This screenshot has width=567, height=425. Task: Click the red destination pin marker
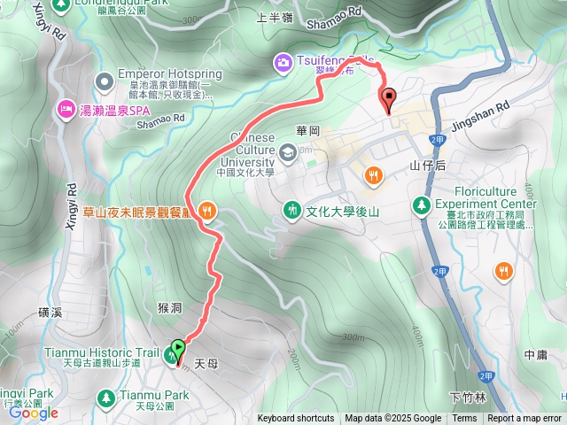(386, 98)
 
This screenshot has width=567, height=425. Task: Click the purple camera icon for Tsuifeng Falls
(283, 61)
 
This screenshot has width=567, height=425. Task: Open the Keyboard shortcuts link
(296, 419)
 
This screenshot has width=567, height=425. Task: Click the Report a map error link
(524, 419)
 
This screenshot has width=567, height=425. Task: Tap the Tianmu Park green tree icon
(108, 396)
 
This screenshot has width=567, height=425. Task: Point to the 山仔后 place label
(426, 166)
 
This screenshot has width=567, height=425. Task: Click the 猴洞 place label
(169, 308)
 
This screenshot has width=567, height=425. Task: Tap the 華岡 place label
(307, 130)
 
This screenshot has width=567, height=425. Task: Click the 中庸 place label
(535, 354)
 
